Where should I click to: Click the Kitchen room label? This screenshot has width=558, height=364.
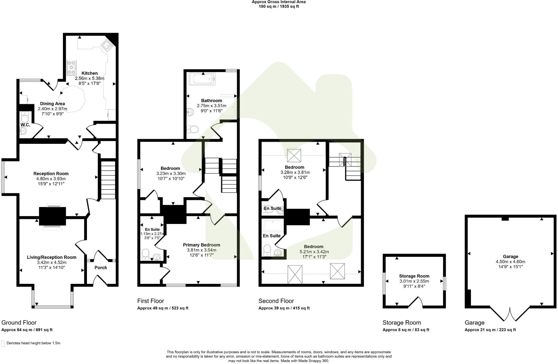pos(89,73)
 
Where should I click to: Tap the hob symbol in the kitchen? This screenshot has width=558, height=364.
pos(72,67)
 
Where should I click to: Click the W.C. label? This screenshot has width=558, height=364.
pos(25,125)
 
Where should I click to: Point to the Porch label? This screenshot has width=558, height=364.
pos(101,268)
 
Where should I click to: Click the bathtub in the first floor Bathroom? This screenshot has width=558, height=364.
pos(202,79)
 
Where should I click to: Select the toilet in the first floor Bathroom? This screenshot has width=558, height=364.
pos(193,129)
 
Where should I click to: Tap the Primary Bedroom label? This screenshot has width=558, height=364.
pos(201,245)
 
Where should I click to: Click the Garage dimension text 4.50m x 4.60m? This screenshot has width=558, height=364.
pos(510,262)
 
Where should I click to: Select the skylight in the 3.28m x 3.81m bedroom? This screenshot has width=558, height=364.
pos(294,156)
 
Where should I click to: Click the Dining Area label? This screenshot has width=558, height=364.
pos(52,104)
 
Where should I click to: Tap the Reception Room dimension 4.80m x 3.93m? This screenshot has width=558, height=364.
pos(51,179)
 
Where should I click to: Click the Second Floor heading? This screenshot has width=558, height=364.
pos(276,301)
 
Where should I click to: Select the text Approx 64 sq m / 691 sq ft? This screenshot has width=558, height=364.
pos(27,330)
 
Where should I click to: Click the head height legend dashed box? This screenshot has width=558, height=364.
pos(3,344)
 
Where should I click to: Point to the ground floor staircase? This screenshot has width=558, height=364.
pos(108,180)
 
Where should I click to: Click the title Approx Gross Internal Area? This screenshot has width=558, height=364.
pos(278,2)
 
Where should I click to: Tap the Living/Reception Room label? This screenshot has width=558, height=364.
pos(51,257)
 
